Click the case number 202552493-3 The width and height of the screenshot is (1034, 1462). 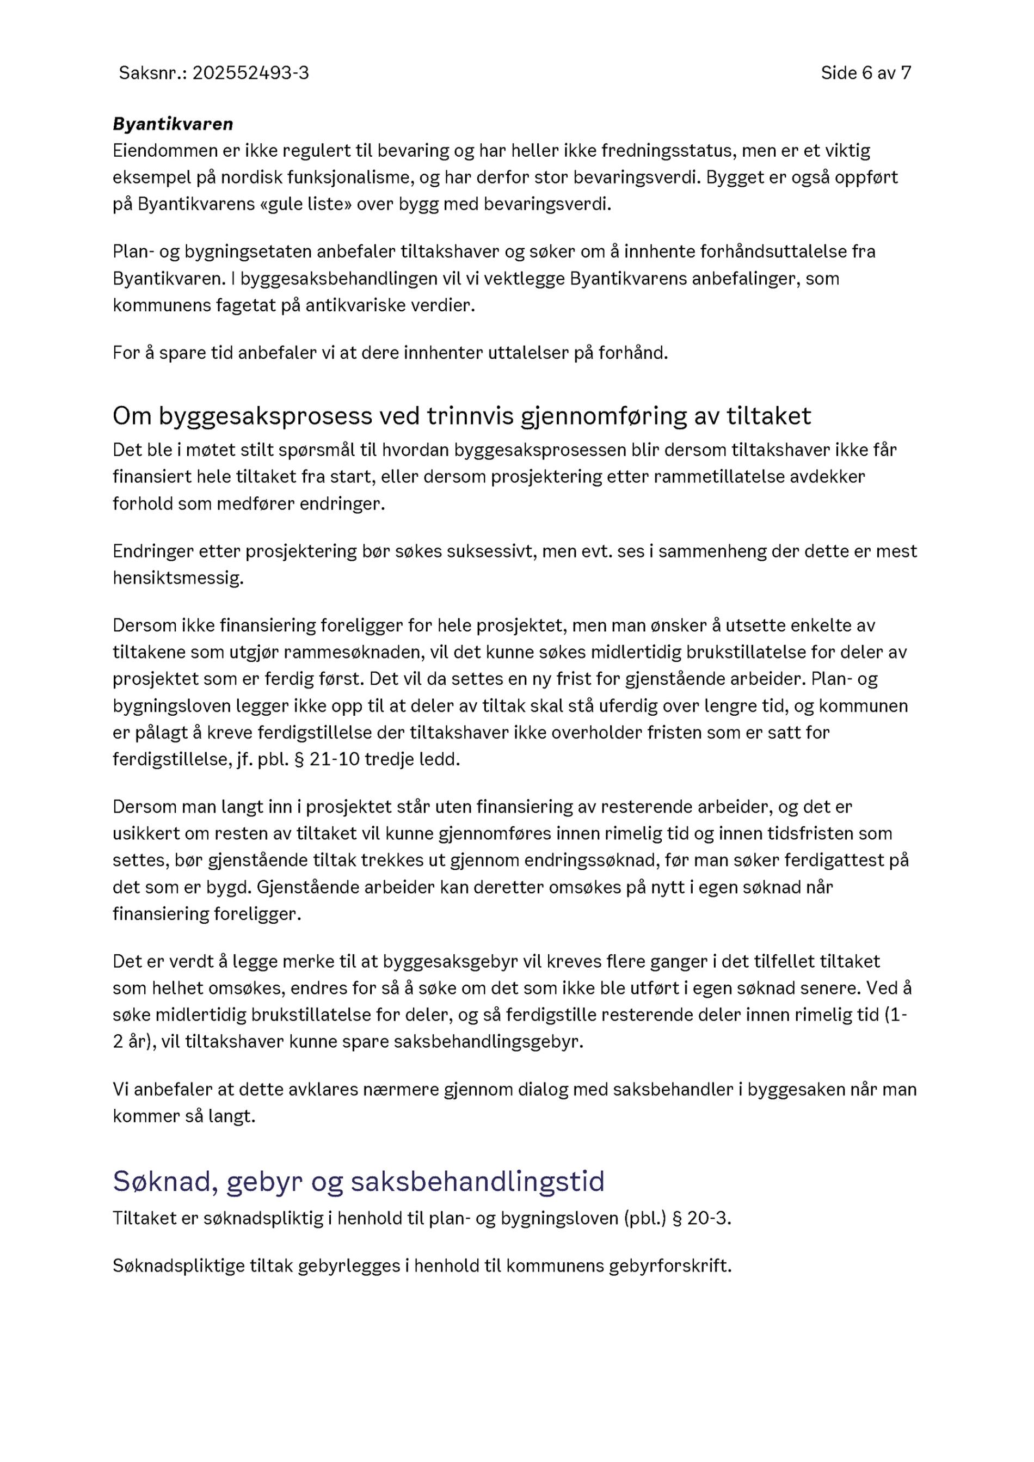coord(250,73)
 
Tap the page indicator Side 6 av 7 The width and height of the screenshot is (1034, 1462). coord(865,73)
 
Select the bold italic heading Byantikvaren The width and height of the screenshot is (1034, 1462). coord(173,124)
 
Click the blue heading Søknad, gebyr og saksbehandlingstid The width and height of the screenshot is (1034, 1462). coord(359,1182)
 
